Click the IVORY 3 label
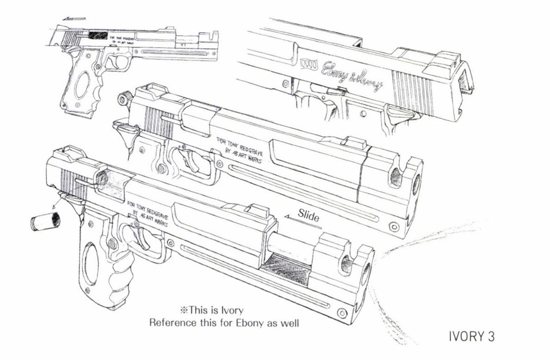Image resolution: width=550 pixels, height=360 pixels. click(x=471, y=335)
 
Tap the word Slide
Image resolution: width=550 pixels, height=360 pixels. click(x=309, y=215)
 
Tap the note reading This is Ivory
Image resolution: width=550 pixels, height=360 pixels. click(x=212, y=310)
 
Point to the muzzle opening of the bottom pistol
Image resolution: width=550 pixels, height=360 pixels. click(x=366, y=272)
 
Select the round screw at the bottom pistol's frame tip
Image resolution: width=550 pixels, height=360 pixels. click(x=342, y=313)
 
